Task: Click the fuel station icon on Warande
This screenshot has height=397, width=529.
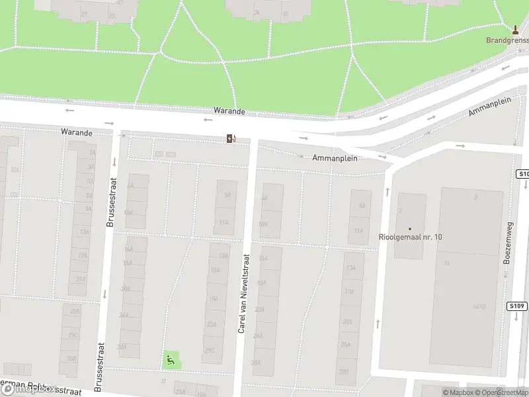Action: click(x=231, y=138)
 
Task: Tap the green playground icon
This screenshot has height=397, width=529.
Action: click(x=171, y=360)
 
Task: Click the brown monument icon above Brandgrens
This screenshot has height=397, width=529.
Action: click(x=515, y=30)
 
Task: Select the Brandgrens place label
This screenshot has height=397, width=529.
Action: click(x=507, y=40)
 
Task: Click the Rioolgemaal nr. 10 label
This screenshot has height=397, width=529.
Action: click(x=410, y=237)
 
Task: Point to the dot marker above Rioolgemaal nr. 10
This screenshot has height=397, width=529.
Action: click(x=410, y=228)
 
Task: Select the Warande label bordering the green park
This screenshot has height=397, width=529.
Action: click(x=229, y=111)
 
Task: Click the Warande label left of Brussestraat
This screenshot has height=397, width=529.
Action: click(x=77, y=132)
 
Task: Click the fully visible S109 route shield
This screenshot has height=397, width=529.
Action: click(x=518, y=306)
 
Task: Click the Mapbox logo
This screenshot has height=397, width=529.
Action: click(x=30, y=389)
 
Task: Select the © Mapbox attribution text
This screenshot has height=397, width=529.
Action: click(x=458, y=392)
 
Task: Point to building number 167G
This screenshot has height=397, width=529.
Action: click(x=479, y=306)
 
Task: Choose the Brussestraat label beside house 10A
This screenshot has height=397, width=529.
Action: click(x=110, y=208)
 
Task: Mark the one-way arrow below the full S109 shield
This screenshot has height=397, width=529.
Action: click(x=516, y=318)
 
